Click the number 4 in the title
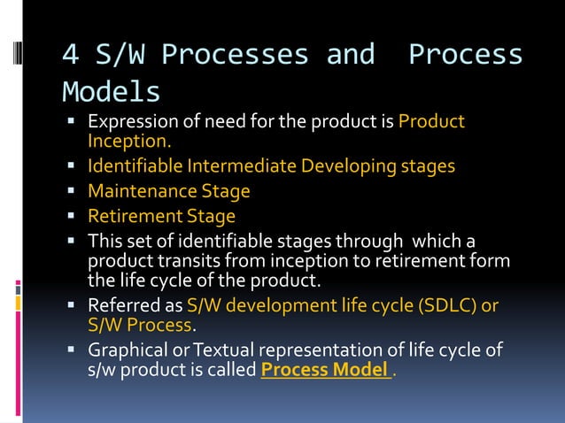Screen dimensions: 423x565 coord(70,55)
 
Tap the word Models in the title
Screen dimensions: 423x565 coord(111,91)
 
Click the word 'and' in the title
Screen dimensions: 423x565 coord(350,55)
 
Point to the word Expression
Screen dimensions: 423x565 coord(128,122)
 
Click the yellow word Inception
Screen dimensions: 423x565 coord(129,141)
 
